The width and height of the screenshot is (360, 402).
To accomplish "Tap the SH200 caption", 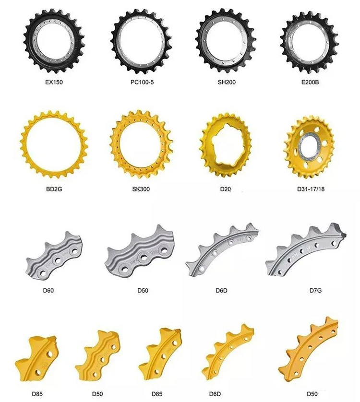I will pyautogui.click(x=225, y=82).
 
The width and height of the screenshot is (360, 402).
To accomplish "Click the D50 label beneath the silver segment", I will pyautogui.click(x=143, y=290).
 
